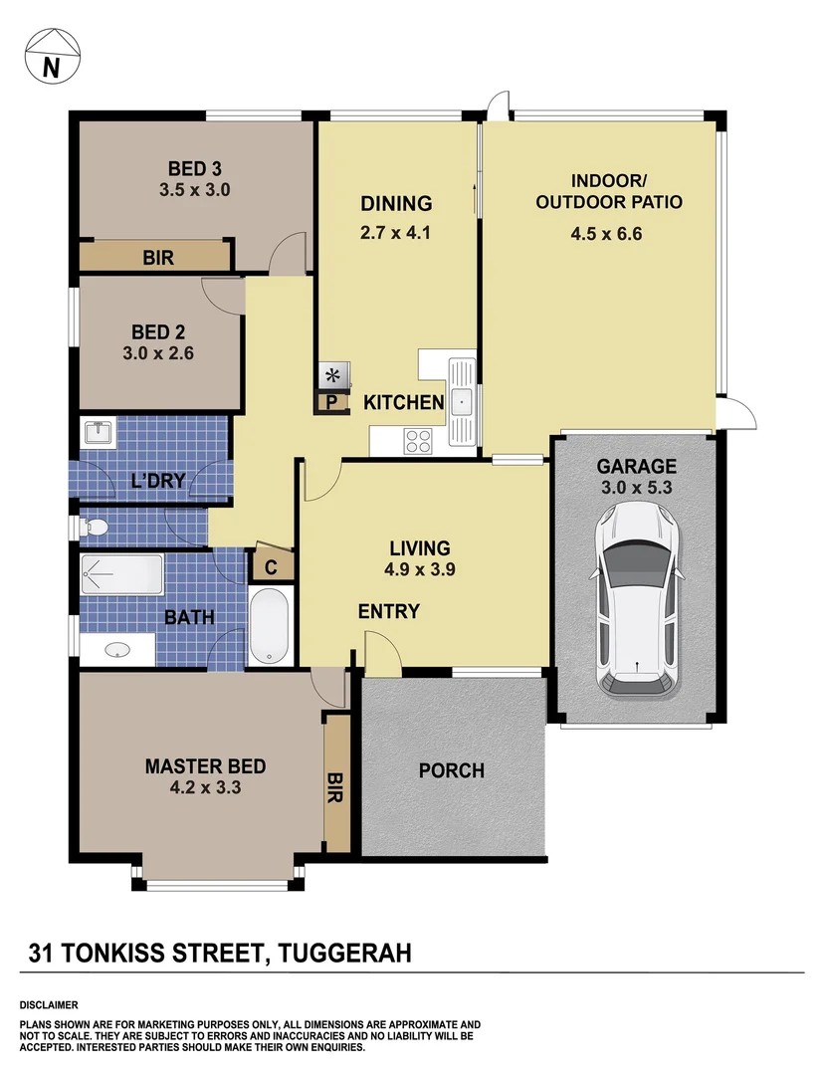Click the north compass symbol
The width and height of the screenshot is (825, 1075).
(x=50, y=55)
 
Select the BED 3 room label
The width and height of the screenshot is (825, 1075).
(x=194, y=167)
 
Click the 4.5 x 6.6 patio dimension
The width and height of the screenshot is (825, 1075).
(x=608, y=235)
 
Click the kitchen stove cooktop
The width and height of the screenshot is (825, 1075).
(x=417, y=439)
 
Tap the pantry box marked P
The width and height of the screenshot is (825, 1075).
(x=332, y=403)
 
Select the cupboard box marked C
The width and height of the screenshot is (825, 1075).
(x=271, y=566)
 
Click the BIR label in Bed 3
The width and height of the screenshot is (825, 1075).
(x=158, y=258)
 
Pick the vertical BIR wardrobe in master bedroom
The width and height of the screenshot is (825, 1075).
(x=336, y=782)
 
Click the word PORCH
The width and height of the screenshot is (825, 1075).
(x=451, y=770)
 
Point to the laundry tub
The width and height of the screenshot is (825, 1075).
(x=98, y=433)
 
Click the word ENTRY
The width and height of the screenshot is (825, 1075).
(x=388, y=611)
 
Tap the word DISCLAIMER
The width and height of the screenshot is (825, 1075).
(x=49, y=1005)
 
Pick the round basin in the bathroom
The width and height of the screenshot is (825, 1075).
(x=117, y=651)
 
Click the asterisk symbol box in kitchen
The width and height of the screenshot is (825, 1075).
(x=332, y=376)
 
